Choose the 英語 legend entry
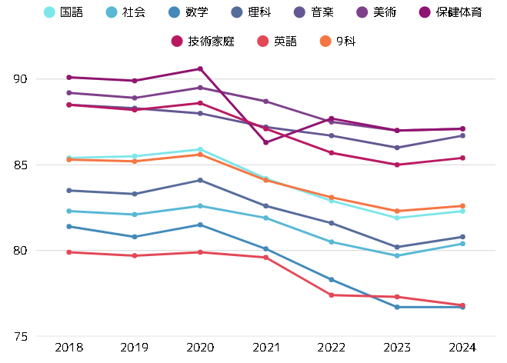click(277, 41)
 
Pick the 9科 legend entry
click(337, 41)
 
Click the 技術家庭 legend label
click(205, 41)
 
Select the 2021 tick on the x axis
click(266, 348)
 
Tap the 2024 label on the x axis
click(463, 348)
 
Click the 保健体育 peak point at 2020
click(201, 69)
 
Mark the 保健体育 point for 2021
click(266, 142)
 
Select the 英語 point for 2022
click(332, 295)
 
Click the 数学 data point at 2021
click(266, 249)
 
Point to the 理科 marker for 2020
click(201, 180)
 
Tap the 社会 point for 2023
click(397, 255)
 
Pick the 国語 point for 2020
click(201, 149)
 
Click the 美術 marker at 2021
click(266, 102)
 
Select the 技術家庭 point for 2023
click(397, 165)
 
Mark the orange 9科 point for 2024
click(463, 206)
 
